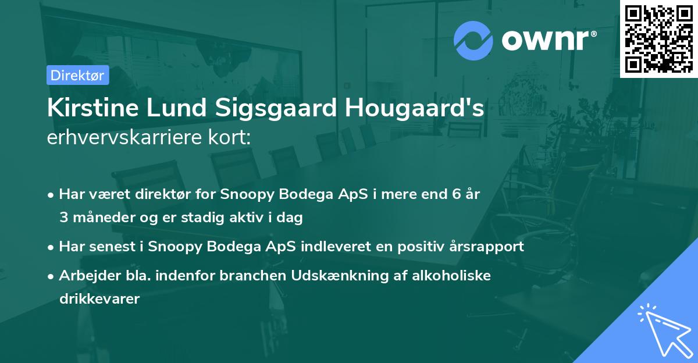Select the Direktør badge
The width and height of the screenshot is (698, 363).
click(77, 75)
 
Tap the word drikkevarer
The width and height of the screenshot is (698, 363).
click(99, 299)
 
